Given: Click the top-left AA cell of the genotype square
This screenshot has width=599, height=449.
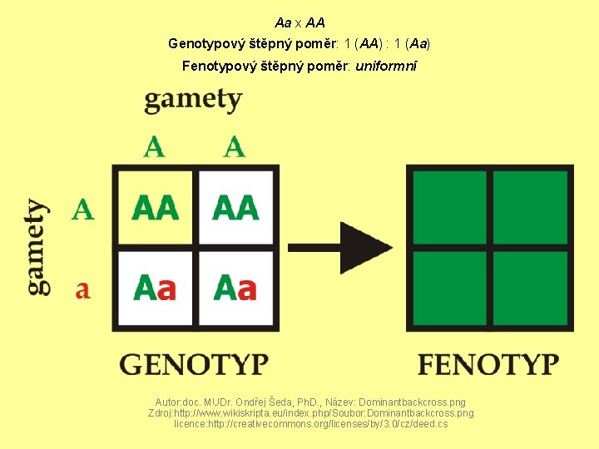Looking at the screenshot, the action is (156, 207).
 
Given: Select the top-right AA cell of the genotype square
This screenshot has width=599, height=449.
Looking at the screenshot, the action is (235, 207).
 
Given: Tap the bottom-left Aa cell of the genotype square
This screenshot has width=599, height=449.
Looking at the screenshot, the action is (156, 288).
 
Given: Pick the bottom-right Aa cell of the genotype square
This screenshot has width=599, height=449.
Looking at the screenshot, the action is (235, 288).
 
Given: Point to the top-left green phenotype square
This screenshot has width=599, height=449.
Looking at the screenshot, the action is (450, 208).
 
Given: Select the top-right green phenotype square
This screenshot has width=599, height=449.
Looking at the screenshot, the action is (530, 208).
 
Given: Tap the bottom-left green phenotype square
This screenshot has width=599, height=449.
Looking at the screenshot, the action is (450, 288).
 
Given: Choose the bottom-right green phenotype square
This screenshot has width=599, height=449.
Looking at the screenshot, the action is (530, 288).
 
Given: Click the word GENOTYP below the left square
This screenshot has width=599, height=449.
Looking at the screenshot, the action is (195, 364).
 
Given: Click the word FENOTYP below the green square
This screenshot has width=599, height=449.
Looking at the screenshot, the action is (488, 364).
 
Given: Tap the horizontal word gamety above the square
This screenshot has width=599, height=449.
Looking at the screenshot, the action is (193, 100).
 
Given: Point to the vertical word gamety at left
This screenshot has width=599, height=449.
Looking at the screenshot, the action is (37, 246).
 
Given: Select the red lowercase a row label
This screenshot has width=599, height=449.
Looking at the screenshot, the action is (82, 290).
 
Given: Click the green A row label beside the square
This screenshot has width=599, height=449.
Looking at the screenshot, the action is (82, 210).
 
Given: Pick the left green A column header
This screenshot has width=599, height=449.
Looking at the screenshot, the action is (154, 147).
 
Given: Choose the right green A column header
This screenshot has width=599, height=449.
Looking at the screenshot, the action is (235, 147).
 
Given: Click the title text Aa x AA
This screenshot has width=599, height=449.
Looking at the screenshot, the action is (299, 22).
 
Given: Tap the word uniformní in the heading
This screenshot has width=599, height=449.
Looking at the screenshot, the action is (386, 65).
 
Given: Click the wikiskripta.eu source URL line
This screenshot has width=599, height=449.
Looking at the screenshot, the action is (310, 412).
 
